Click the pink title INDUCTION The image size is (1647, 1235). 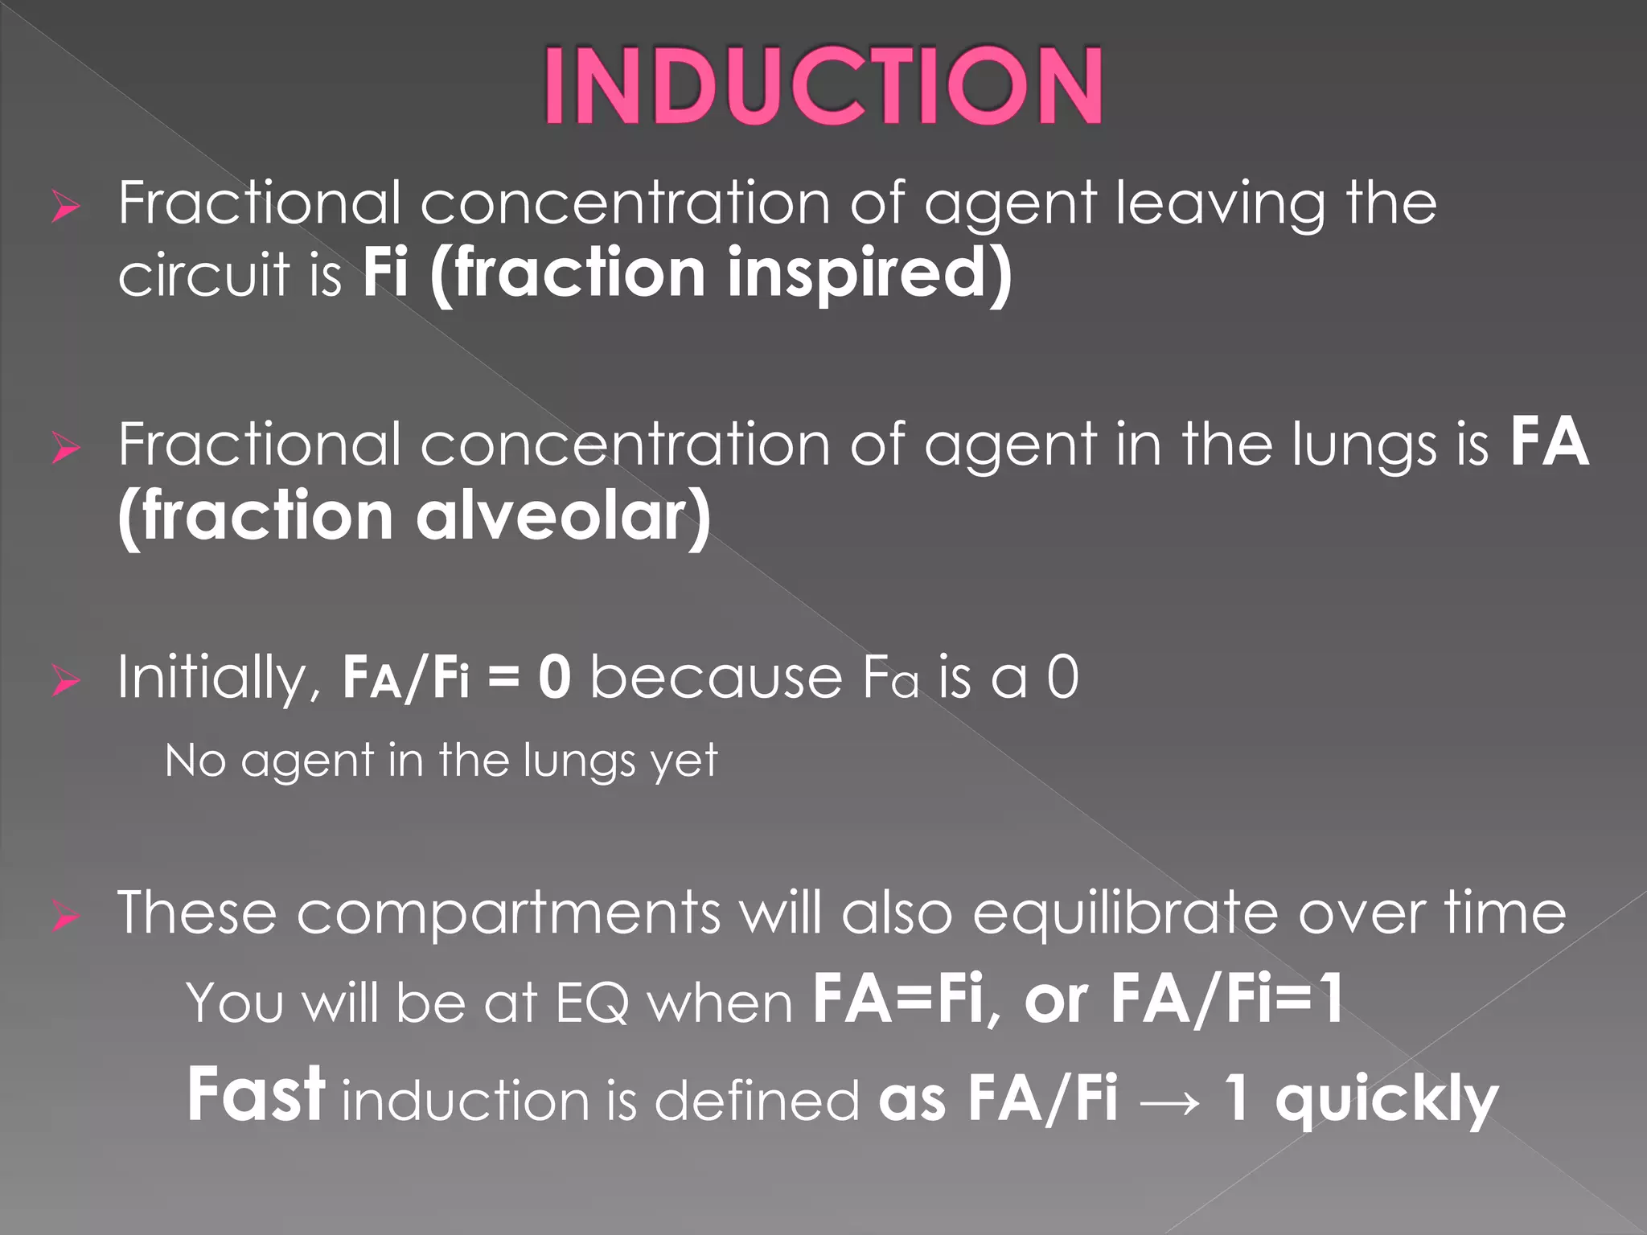823,85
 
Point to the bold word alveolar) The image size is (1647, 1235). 563,517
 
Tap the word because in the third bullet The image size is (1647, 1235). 716,678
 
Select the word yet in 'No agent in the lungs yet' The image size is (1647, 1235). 684,761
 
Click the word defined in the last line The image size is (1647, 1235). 756,1100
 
